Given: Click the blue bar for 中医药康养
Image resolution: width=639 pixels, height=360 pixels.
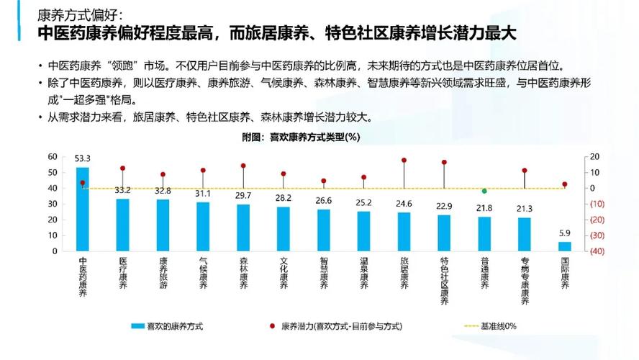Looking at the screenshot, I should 83,210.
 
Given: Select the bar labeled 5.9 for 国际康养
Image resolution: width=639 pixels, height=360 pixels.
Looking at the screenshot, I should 564,246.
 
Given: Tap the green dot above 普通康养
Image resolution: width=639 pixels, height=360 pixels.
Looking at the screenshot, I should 484,191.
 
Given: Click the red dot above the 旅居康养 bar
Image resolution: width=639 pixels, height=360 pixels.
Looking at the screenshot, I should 404,161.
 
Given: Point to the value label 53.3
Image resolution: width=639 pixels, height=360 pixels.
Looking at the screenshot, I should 83,158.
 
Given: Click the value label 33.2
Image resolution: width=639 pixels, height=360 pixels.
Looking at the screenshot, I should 122,190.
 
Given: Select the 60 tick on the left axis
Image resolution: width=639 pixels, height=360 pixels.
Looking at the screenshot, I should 52,157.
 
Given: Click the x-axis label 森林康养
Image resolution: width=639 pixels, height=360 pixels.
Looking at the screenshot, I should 243,273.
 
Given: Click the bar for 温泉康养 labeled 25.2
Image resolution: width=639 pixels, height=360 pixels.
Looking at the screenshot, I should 363,231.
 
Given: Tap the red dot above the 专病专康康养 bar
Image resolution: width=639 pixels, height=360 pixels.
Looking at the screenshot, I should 525,171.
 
